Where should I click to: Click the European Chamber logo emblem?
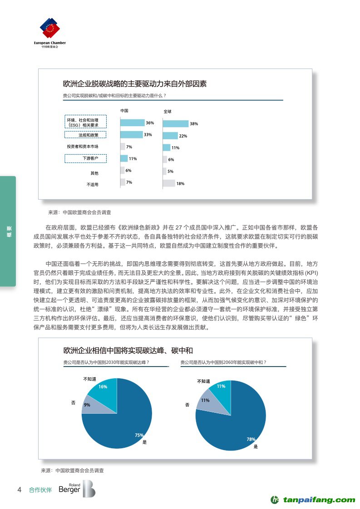50,29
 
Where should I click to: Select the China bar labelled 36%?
132,122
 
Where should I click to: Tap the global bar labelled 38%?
175,124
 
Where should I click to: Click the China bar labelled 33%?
131,135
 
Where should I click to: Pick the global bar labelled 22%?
170,136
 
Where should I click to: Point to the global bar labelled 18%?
168,183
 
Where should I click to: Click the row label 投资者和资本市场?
83,147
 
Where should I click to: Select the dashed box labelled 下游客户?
85,158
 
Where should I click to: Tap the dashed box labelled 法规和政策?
85,135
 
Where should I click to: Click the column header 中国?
124,111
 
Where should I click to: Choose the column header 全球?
167,111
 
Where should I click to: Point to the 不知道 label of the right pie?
203,381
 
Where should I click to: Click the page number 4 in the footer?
19,490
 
